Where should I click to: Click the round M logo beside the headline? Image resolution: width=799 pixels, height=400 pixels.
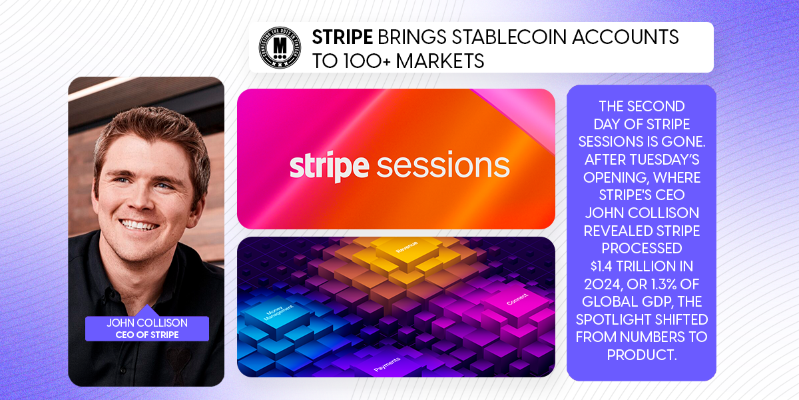point(280,47)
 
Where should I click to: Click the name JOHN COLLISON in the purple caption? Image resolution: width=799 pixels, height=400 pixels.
point(147,323)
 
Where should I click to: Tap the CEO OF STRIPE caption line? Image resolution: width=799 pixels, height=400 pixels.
point(147,334)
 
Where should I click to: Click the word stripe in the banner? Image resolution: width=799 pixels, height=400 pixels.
point(329,165)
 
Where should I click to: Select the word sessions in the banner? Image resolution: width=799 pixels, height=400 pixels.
point(443,165)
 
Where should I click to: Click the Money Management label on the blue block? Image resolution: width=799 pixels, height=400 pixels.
point(264,319)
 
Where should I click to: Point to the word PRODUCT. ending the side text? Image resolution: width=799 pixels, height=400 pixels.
point(642,355)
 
